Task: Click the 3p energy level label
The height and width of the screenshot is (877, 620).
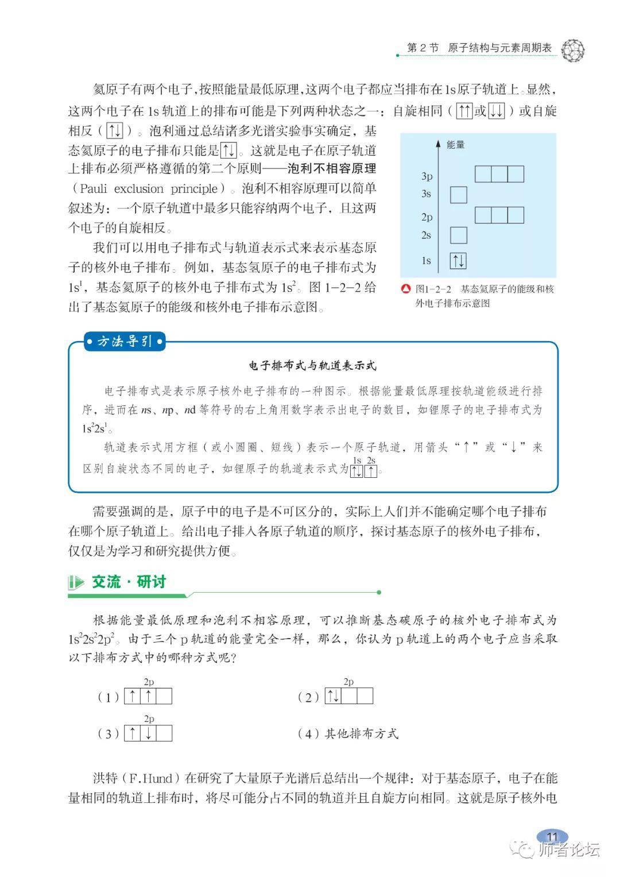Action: [x=427, y=176]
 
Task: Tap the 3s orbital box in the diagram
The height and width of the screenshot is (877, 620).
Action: [x=458, y=195]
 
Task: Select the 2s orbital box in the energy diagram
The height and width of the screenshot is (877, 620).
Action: [x=458, y=235]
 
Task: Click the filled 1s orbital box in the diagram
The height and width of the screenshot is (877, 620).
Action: [x=458, y=261]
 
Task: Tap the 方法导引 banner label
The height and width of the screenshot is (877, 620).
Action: [x=125, y=342]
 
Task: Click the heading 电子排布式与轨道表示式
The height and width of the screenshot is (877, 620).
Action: [x=313, y=365]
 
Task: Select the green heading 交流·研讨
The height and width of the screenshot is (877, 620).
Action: [x=129, y=582]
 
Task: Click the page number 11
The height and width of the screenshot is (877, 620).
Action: [x=552, y=836]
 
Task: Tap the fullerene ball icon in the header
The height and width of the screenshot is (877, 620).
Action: [x=572, y=51]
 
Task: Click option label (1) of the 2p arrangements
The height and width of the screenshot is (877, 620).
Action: [x=108, y=697]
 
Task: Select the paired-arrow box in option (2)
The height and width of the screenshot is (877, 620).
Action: [x=333, y=697]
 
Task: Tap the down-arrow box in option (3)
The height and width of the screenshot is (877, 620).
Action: [x=148, y=733]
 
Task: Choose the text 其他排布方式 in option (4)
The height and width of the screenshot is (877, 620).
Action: [x=362, y=733]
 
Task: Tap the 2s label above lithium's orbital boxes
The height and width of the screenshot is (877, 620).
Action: [x=371, y=461]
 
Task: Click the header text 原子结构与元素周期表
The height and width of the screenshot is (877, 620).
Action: [x=499, y=48]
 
